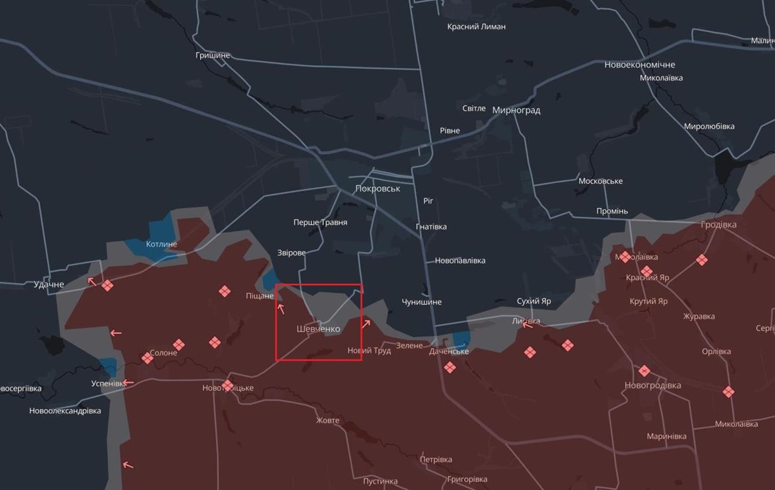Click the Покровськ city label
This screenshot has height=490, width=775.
(378, 189)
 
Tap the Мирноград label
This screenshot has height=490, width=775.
(516, 110)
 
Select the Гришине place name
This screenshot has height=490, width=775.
(212, 56)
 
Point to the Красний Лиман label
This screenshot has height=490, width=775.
(477, 27)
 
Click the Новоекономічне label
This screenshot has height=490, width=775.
(639, 65)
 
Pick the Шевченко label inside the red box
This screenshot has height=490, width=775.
(318, 329)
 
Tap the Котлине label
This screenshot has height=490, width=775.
(161, 244)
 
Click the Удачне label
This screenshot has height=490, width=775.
(49, 284)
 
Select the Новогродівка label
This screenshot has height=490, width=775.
(652, 385)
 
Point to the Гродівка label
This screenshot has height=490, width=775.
(718, 225)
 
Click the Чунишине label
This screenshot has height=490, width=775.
(422, 302)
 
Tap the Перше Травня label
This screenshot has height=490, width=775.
(320, 222)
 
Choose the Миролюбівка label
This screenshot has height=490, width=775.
(709, 126)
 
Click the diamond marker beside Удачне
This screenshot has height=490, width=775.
(107, 285)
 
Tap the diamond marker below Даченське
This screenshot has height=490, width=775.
(449, 367)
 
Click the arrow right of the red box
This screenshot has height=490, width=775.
(366, 324)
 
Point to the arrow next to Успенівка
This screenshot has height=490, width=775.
(129, 383)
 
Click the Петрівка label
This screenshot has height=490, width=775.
(436, 460)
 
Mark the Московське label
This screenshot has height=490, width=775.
(601, 181)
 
